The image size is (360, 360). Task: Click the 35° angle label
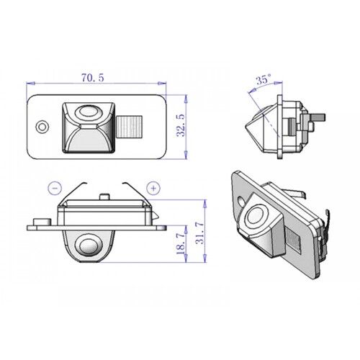point(263,81)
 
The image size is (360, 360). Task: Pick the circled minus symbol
point(55,188)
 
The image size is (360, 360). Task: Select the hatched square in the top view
point(130,128)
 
